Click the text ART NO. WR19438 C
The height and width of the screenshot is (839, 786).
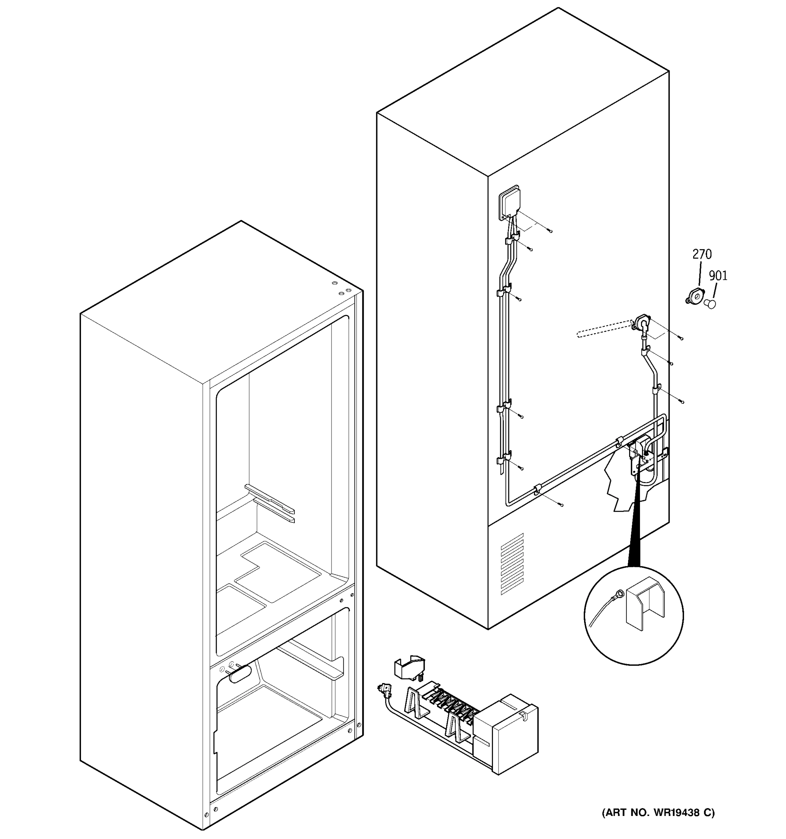coord(658,812)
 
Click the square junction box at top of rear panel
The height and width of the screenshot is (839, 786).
coord(509,202)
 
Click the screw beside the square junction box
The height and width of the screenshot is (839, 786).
coord(550,230)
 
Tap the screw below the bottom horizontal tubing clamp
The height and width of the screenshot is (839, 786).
coord(560,504)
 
